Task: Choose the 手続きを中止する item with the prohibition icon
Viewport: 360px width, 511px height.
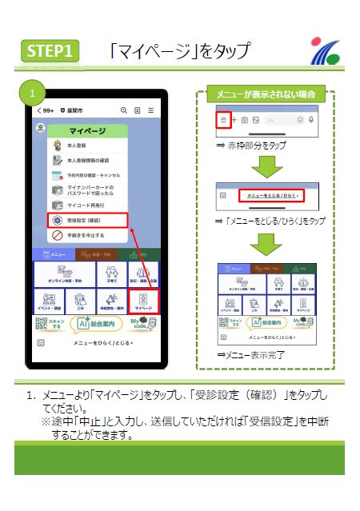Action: pyautogui.click(x=83, y=236)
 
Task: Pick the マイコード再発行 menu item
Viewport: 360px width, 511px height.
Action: pyautogui.click(x=81, y=205)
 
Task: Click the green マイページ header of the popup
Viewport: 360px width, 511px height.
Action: pyautogui.click(x=87, y=130)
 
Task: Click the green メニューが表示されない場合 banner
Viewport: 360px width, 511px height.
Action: pyautogui.click(x=265, y=94)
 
